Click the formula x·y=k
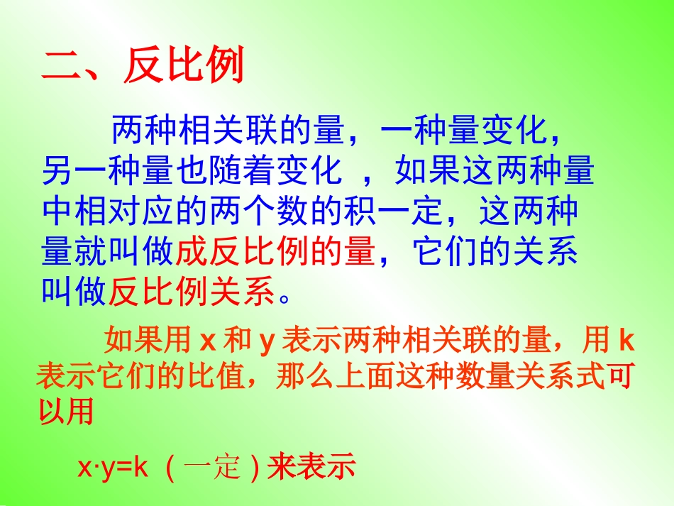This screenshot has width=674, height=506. pos(112,468)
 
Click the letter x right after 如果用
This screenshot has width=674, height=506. pos(207,342)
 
